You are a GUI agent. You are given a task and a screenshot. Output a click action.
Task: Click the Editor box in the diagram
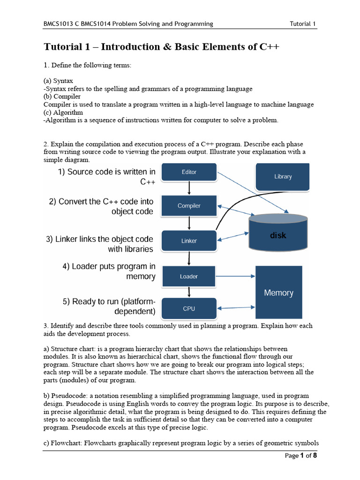[x=189, y=172]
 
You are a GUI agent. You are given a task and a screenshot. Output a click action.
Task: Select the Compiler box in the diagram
[x=189, y=206]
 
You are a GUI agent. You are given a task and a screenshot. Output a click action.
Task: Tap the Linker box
[x=189, y=241]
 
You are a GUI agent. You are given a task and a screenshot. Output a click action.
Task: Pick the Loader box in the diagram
[x=189, y=277]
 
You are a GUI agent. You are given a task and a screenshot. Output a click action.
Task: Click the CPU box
[x=189, y=309]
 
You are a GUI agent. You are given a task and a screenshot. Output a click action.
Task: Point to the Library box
[x=283, y=177]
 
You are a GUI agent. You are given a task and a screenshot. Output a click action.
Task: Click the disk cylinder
[x=278, y=233]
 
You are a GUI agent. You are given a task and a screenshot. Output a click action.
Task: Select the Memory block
[x=278, y=293]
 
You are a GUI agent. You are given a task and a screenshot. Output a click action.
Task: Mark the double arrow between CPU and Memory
[x=235, y=308]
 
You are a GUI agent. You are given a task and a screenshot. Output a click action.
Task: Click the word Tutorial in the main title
[x=62, y=47]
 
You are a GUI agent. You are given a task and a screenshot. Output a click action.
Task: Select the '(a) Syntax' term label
[x=58, y=81]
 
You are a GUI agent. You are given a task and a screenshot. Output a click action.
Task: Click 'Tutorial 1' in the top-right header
[x=303, y=24]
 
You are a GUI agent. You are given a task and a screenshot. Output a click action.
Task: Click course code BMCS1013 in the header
[x=58, y=24]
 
